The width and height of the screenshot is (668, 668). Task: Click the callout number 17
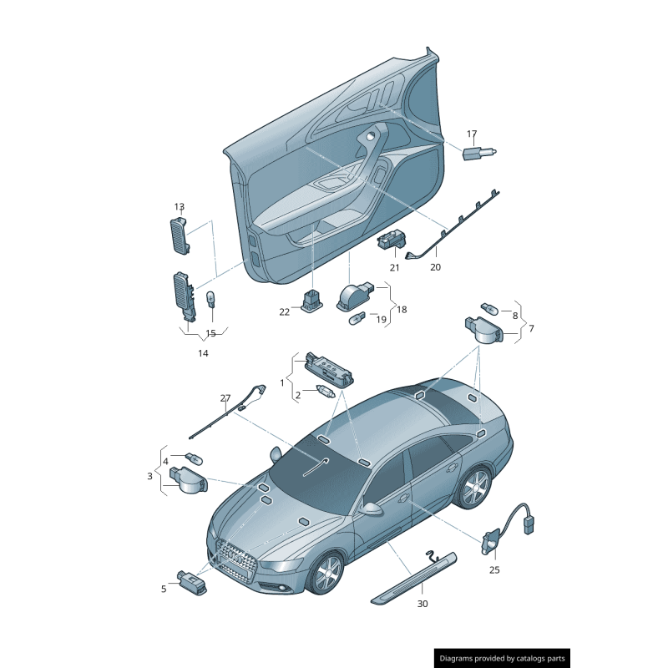(472, 134)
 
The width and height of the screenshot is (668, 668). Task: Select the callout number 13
(179, 206)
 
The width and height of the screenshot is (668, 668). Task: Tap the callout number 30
(423, 603)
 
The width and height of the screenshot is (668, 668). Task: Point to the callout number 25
(494, 569)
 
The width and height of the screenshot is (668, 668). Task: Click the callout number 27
(225, 397)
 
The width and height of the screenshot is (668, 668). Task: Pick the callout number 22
(284, 311)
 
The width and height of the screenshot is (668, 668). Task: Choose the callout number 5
(164, 589)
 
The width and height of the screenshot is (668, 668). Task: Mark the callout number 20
(435, 267)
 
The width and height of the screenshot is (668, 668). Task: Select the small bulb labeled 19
(357, 318)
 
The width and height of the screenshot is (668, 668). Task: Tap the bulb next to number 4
(193, 459)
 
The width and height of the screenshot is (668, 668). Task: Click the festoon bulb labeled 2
(324, 392)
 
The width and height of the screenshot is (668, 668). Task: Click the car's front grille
(235, 558)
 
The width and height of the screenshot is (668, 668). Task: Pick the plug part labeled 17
(479, 153)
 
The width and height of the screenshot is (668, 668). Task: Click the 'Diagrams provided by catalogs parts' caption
(502, 659)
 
